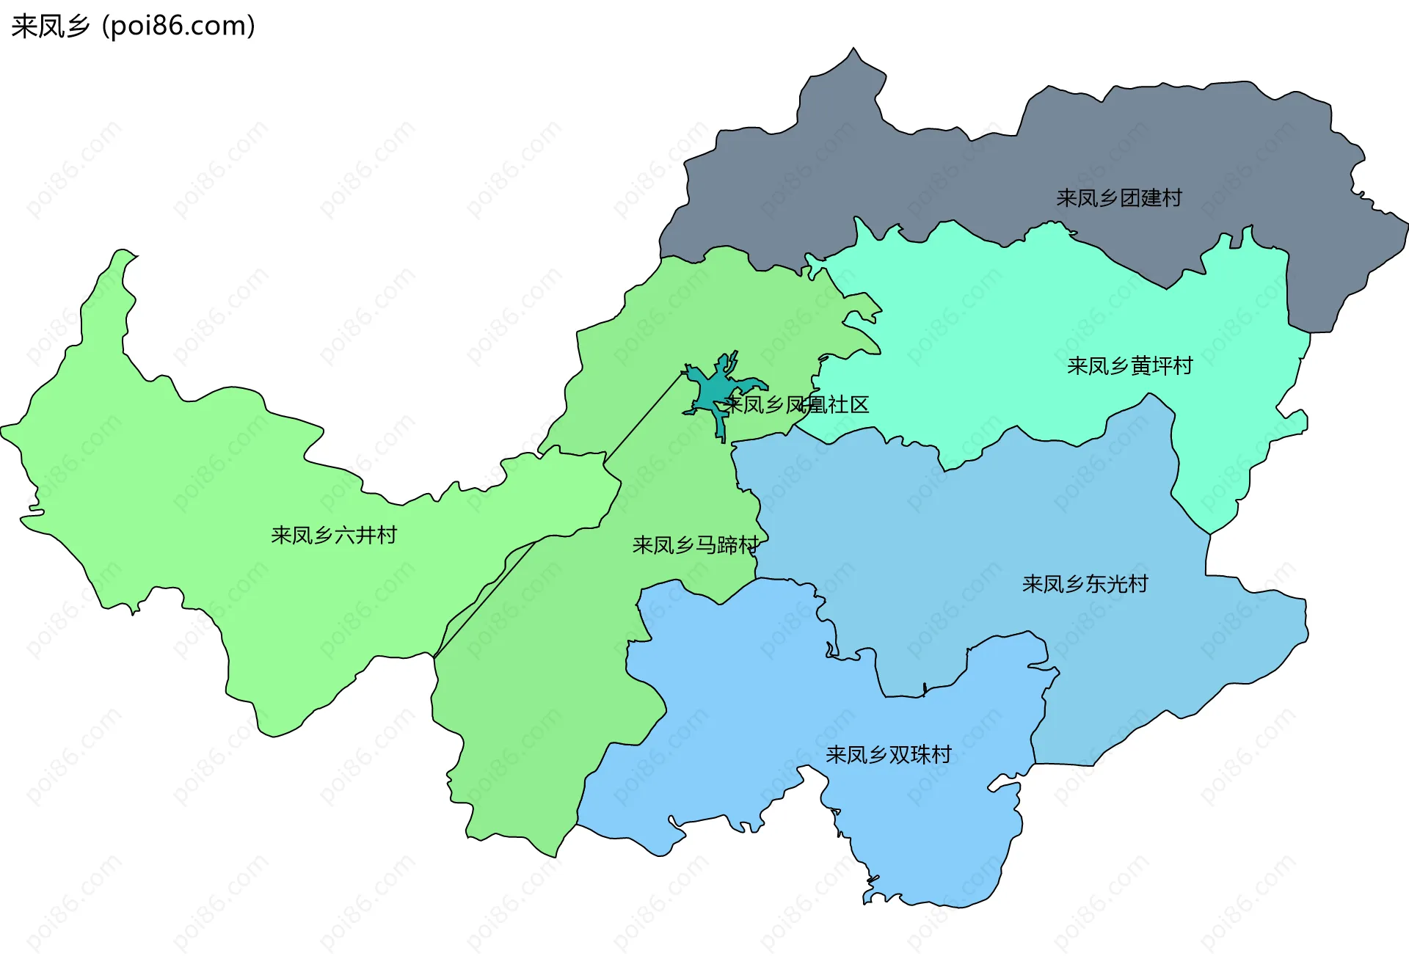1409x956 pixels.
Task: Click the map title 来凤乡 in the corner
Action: tap(50, 26)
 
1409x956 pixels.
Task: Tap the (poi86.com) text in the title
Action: tap(178, 26)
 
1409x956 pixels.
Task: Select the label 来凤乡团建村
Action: tap(1118, 198)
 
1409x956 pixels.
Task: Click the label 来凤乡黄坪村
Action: tap(1129, 365)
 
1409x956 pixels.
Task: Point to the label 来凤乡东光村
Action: tap(1085, 584)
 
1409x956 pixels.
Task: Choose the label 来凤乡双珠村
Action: tap(888, 754)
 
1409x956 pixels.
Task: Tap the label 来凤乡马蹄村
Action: tap(695, 545)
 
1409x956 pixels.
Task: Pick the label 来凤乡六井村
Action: tap(333, 535)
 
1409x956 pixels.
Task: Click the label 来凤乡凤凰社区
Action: tap(796, 404)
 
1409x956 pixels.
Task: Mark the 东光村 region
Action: tap(954, 558)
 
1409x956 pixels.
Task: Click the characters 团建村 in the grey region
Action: tap(1151, 198)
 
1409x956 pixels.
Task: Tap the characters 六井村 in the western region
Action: tap(365, 535)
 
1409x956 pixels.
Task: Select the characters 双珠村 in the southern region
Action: tap(920, 754)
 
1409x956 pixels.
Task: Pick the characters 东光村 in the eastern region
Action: tap(1117, 584)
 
